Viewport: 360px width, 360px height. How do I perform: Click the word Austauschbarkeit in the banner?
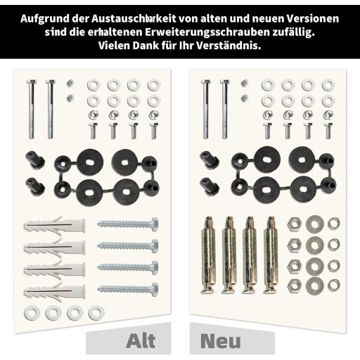pyautogui.click(x=134, y=18)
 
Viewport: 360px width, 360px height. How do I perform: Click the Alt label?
pyautogui.click(x=141, y=341)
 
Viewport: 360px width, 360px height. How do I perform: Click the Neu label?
pyautogui.click(x=221, y=341)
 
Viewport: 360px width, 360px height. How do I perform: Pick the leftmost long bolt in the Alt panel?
pyautogui.click(x=32, y=109)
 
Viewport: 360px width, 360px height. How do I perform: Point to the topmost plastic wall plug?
pyautogui.click(x=54, y=225)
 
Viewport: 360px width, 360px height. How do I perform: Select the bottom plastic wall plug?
pyautogui.click(x=54, y=291)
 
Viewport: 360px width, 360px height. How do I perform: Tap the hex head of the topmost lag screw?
pyautogui.click(x=155, y=224)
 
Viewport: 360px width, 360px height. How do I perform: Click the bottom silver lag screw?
pyautogui.click(x=128, y=290)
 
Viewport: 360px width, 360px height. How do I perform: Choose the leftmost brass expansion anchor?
pyautogui.click(x=208, y=255)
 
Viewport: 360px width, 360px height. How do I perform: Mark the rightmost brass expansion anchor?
pyautogui.click(x=271, y=255)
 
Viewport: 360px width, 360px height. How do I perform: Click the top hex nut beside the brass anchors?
pyautogui.click(x=295, y=224)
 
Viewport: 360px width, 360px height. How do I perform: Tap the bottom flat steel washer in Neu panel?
pyautogui.click(x=315, y=286)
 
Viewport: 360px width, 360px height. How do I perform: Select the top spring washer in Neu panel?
pyautogui.click(x=334, y=224)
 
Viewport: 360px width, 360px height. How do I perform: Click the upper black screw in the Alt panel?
pyautogui.click(x=35, y=159)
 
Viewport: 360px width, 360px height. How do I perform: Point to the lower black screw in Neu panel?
pyautogui.click(x=210, y=186)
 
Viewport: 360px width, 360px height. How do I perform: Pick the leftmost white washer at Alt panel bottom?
pyautogui.click(x=32, y=312)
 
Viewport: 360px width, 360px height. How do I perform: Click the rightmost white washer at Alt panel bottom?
pyautogui.click(x=96, y=312)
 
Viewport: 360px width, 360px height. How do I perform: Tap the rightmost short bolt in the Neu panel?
pyautogui.click(x=328, y=131)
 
